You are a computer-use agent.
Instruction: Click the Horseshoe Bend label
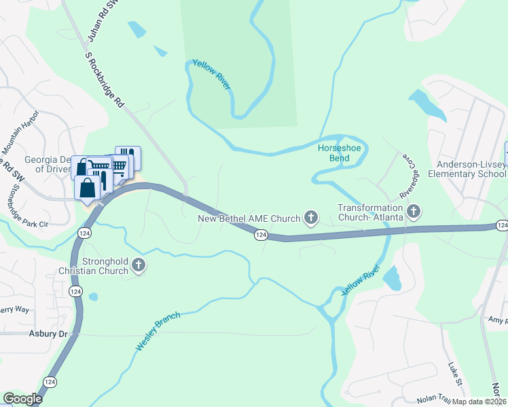pyautogui.click(x=333, y=153)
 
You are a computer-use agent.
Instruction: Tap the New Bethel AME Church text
pyautogui.click(x=249, y=218)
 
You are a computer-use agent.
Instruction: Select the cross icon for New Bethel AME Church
pyautogui.click(x=311, y=218)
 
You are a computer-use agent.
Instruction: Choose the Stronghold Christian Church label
pyautogui.click(x=105, y=266)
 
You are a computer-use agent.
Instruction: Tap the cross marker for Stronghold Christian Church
pyautogui.click(x=139, y=265)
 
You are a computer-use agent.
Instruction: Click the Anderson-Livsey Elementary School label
pyautogui.click(x=471, y=169)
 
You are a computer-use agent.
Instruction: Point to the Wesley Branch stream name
pyautogui.click(x=158, y=331)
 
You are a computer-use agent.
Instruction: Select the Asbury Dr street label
pyautogui.click(x=50, y=334)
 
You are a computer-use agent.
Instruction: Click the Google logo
pyautogui.click(x=22, y=399)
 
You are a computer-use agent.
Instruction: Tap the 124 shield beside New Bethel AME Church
pyautogui.click(x=260, y=235)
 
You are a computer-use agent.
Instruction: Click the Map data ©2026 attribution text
pyautogui.click(x=479, y=402)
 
